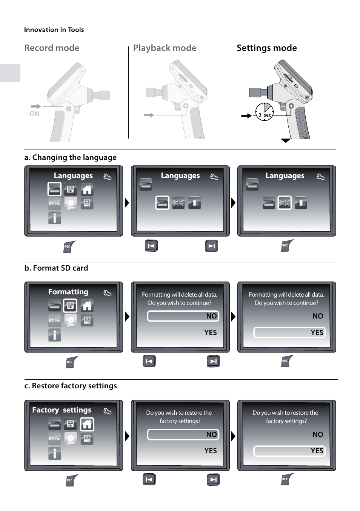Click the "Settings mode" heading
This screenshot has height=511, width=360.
pos(266,48)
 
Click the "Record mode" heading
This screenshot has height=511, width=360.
pos(52,48)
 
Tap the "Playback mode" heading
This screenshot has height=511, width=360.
pos(165,48)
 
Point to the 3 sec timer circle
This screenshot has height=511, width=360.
pos(265,112)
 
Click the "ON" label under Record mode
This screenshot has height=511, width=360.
pos(34,114)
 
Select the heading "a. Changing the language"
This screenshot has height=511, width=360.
pos(70,157)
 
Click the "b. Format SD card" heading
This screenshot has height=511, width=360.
pos(56,268)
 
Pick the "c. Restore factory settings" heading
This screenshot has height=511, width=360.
pos(71,386)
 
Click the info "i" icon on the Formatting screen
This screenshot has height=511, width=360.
pos(55,335)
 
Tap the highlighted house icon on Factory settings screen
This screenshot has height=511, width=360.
pos(87,425)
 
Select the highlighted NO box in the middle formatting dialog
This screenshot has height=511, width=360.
pos(183,316)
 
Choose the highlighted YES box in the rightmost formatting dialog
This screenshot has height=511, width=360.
pos(289,332)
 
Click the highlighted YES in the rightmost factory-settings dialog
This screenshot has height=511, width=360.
pos(289,451)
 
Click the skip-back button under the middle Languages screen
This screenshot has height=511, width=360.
pos(151,246)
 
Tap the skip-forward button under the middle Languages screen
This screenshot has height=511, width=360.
pos(211,246)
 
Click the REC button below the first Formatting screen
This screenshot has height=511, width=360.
pos(71,362)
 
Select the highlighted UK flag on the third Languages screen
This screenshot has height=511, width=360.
pos(285,203)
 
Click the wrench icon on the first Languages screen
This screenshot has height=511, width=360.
pos(108,176)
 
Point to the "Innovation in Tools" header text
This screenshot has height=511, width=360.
pos(54,30)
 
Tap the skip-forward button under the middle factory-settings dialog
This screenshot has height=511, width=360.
pos(213,480)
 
